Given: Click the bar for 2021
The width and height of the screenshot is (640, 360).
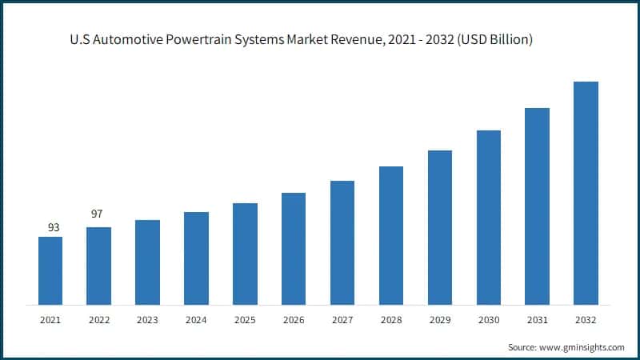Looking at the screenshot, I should tap(50, 270).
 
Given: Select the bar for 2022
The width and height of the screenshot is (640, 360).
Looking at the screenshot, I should tap(99, 266).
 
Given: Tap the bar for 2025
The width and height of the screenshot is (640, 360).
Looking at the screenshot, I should tap(245, 254).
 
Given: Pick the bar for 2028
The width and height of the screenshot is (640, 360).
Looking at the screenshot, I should tap(391, 235).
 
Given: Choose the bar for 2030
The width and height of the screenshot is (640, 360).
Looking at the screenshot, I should tap(489, 217).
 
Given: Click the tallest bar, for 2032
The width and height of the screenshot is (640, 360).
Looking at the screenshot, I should tap(586, 193).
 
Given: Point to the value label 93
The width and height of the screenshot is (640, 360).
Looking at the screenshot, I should tap(54, 228).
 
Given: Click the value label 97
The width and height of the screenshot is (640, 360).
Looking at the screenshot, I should tap(96, 214).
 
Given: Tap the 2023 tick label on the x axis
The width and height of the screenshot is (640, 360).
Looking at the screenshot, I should tap(147, 320).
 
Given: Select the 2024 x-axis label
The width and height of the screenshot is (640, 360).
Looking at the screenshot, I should tap(196, 320).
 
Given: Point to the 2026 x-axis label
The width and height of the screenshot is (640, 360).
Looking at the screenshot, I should tap(294, 320).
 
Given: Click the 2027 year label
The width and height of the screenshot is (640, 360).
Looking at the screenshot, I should tap(342, 320).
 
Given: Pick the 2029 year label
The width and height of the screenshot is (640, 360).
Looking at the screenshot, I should tap(440, 320).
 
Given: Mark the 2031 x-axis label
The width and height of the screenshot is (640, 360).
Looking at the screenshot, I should tap(538, 320).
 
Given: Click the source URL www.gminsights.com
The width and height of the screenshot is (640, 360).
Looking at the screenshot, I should tap(583, 347).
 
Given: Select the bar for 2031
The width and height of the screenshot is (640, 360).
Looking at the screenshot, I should tap(538, 206).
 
